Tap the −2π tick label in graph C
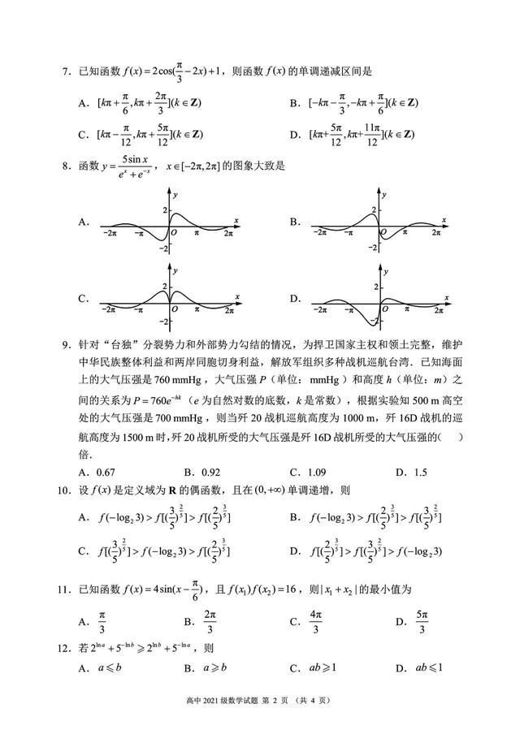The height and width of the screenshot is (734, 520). pos(108,309)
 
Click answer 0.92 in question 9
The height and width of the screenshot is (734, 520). pos(210,472)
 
